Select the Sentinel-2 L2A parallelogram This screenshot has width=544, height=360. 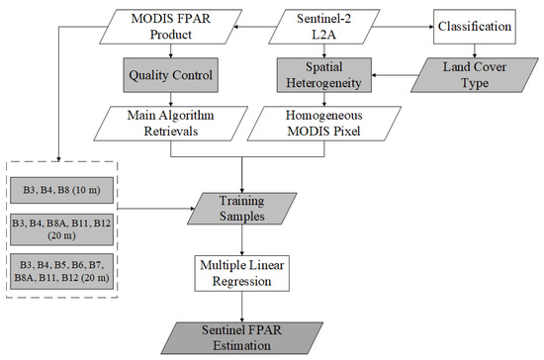(x=340, y=27)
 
